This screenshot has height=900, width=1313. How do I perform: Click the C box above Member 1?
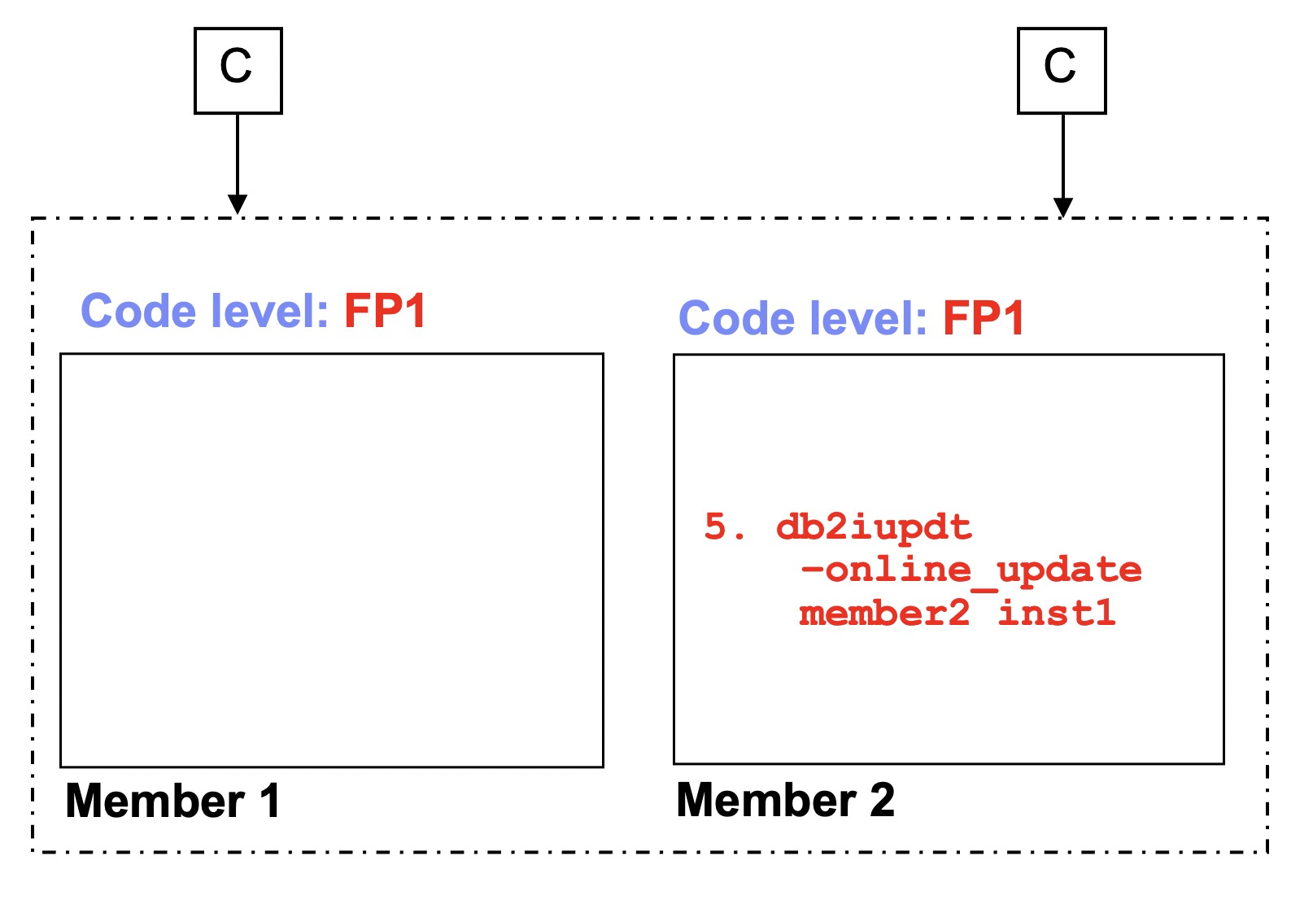pyautogui.click(x=238, y=71)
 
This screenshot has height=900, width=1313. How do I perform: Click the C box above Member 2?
pyautogui.click(x=1061, y=71)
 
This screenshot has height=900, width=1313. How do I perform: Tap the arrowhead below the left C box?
pyautogui.click(x=238, y=203)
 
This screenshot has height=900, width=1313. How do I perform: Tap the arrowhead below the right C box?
pyautogui.click(x=1062, y=207)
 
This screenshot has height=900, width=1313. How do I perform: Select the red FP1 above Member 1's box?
pyautogui.click(x=385, y=312)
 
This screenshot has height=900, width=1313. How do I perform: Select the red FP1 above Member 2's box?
pyautogui.click(x=983, y=318)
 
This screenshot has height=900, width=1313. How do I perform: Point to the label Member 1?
pyautogui.click(x=172, y=801)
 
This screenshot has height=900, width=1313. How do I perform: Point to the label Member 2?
pyautogui.click(x=785, y=800)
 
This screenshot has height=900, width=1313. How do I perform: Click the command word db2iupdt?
pyautogui.click(x=874, y=527)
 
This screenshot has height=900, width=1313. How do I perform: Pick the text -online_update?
pyautogui.click(x=971, y=569)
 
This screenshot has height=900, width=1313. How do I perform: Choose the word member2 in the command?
pyautogui.click(x=884, y=612)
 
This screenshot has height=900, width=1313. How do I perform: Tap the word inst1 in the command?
pyautogui.click(x=1056, y=612)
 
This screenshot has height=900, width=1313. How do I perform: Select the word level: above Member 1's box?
pyautogui.click(x=269, y=312)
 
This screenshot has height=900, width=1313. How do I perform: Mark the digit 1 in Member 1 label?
pyautogui.click(x=270, y=801)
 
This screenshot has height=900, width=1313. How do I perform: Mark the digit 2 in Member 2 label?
pyautogui.click(x=882, y=800)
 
